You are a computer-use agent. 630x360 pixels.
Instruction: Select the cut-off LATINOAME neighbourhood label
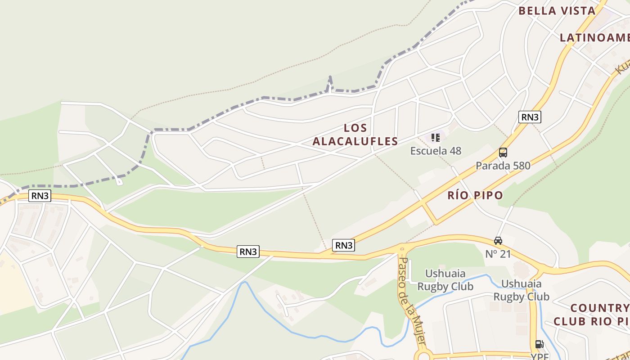594,38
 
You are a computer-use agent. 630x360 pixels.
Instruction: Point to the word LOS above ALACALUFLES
355,128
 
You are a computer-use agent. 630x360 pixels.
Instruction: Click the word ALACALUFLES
355,141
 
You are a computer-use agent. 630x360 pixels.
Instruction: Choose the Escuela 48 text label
436,151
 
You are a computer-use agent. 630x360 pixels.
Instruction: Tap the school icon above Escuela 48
435,138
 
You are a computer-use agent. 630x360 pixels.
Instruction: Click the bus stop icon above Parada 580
503,153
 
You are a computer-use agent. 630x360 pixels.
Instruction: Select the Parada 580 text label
503,166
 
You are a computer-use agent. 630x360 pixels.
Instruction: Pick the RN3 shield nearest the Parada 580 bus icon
530,117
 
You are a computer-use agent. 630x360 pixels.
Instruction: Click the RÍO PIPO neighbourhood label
475,195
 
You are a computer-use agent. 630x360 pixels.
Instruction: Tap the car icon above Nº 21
498,241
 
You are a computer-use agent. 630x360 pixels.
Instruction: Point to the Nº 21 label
498,254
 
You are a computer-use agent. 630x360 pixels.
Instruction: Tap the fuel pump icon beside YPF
539,345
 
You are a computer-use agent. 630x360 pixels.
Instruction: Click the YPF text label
540,356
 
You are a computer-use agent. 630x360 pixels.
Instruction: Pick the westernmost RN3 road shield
40,196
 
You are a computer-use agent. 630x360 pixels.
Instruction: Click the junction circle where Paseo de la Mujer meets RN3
402,248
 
